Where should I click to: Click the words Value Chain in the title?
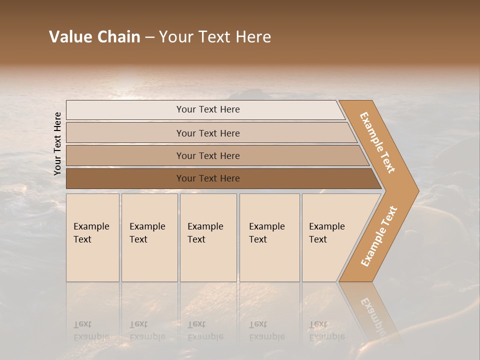point(94,37)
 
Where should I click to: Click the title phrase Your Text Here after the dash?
point(215,37)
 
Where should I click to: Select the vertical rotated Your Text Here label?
point(57,143)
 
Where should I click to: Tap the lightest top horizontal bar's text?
point(208,109)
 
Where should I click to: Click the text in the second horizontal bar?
point(208,133)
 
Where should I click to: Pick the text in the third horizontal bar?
point(208,156)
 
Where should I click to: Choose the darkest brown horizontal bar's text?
point(208,178)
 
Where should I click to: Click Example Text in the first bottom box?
point(91,233)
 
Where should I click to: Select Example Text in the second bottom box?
point(147,233)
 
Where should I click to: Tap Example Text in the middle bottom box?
point(205,233)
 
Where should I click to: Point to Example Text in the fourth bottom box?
point(266,233)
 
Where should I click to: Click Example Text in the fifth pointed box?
point(326,233)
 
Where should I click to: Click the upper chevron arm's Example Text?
point(377,142)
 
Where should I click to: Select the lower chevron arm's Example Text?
point(379,236)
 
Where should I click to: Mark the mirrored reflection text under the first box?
point(91,330)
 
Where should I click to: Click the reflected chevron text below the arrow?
point(372,315)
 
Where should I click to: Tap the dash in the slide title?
point(149,37)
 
